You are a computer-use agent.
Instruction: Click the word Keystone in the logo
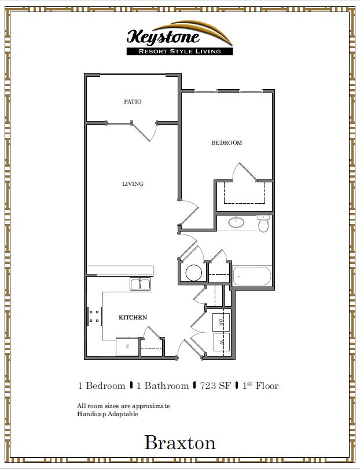coord(163,38)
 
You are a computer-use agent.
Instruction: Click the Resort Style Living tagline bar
coord(179,52)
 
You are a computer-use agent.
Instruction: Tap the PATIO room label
coord(133,102)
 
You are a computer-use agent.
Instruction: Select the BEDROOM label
coord(226,143)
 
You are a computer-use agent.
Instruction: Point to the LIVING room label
coord(133,184)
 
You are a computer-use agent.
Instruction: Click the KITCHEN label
coord(133,318)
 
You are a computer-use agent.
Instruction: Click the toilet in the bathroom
coord(263,223)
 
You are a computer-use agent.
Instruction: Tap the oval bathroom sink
coord(236,222)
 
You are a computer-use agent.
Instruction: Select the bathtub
coord(252,277)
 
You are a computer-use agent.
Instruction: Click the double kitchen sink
coord(140,284)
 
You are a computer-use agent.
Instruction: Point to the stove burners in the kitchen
coord(94,316)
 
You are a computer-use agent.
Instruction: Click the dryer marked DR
coord(221,321)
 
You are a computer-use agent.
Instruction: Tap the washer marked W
coord(221,342)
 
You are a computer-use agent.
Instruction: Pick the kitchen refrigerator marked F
coord(127,346)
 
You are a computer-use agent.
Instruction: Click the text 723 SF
coord(215,386)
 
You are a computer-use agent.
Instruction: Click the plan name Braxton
coord(180,443)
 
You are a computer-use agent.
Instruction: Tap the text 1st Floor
coord(260,386)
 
